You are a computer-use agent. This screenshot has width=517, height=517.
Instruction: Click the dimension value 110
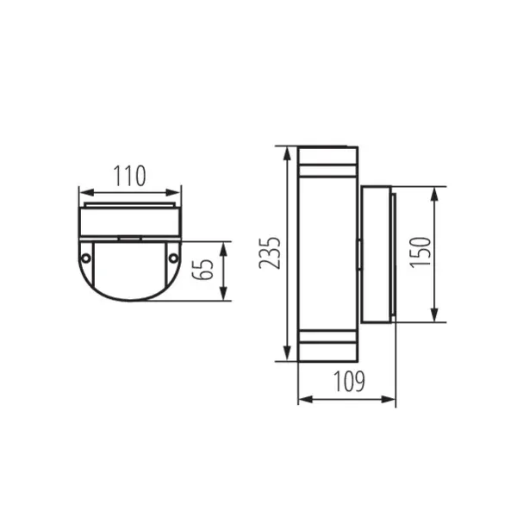(x=130, y=177)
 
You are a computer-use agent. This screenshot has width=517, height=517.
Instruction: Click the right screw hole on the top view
(x=173, y=258)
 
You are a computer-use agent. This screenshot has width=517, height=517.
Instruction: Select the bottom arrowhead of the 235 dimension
(x=285, y=357)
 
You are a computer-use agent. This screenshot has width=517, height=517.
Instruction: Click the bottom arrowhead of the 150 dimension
(x=433, y=318)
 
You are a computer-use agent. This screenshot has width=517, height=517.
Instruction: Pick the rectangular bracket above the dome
(x=130, y=222)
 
